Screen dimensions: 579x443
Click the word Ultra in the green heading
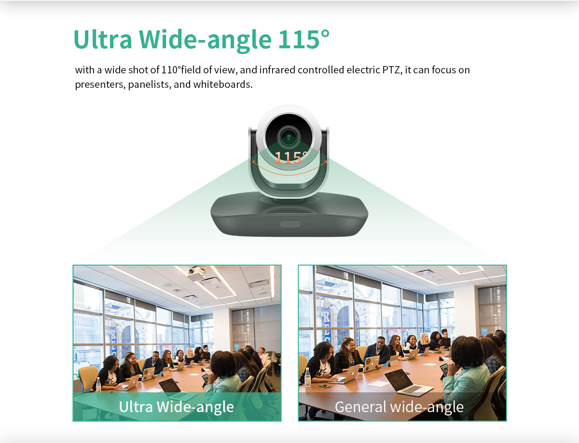click(103, 40)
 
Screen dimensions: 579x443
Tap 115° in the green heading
click(304, 39)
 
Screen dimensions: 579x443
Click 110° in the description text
click(171, 70)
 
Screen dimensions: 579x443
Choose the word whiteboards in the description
click(222, 84)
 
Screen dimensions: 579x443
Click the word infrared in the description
click(277, 70)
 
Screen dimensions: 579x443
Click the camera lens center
click(289, 137)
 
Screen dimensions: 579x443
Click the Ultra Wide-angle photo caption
click(176, 407)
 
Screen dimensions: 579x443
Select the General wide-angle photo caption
click(399, 407)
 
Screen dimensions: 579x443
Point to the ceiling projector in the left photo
click(196, 273)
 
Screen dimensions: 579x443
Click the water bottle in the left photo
click(98, 384)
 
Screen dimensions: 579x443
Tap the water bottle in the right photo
click(307, 377)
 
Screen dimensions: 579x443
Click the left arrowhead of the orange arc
click(254, 162)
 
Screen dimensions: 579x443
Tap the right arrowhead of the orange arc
click(326, 162)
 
